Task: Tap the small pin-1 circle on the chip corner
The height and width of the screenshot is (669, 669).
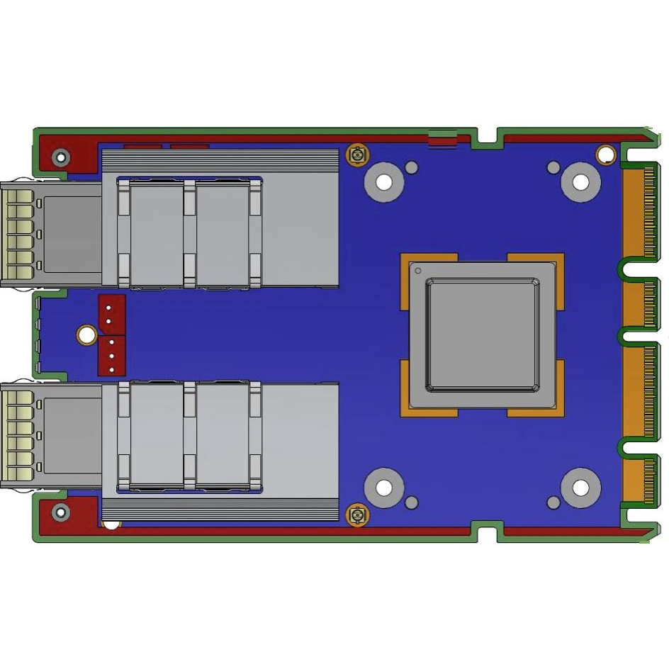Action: pyautogui.click(x=418, y=271)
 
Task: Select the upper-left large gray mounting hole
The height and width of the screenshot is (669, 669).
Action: pyautogui.click(x=384, y=182)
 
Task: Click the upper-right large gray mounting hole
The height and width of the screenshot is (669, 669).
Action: pyautogui.click(x=580, y=182)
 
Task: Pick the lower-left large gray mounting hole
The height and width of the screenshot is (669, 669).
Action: pyautogui.click(x=384, y=488)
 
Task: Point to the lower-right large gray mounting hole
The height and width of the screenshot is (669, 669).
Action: pyautogui.click(x=580, y=488)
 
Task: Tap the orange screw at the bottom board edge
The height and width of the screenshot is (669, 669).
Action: pyautogui.click(x=357, y=515)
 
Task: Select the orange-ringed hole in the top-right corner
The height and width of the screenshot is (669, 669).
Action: pyautogui.click(x=606, y=154)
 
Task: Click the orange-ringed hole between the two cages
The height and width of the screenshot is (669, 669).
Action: pyautogui.click(x=86, y=334)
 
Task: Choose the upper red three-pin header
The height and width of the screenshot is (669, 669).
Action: pyautogui.click(x=111, y=314)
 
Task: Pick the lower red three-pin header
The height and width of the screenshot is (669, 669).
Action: pyautogui.click(x=111, y=356)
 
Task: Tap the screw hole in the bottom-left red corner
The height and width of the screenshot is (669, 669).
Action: pyautogui.click(x=62, y=511)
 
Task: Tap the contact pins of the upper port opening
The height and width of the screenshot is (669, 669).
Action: pyautogui.click(x=18, y=234)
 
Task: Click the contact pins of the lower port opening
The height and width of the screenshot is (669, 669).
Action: pyautogui.click(x=18, y=435)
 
